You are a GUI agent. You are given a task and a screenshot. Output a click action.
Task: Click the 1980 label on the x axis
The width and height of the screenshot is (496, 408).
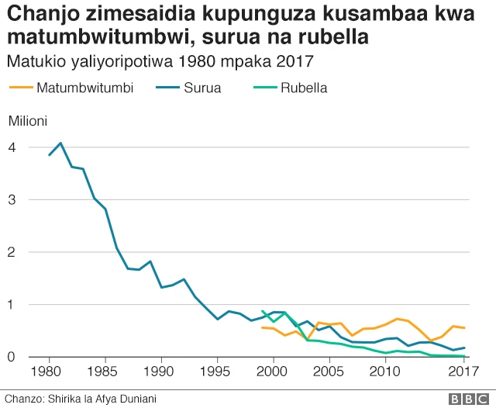coord(50,372)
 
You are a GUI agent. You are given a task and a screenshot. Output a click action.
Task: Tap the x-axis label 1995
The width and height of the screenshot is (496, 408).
coord(218,372)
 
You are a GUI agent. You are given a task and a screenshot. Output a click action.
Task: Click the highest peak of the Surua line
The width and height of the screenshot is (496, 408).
coord(60,143)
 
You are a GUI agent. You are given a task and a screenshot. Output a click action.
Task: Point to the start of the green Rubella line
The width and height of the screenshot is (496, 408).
coord(263,311)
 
